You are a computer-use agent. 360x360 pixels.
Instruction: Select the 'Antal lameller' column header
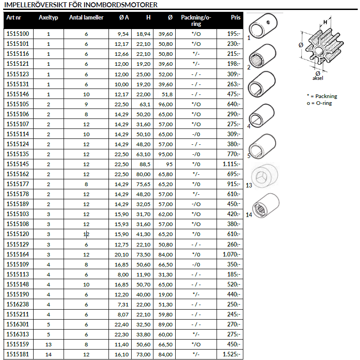tap(86, 18)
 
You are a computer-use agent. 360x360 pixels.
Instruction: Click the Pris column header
tap(235, 18)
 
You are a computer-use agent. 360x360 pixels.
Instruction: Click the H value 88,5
tap(145, 164)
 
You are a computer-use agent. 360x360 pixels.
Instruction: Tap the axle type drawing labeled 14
tap(265, 203)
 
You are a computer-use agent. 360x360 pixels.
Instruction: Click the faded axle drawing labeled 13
tap(265, 174)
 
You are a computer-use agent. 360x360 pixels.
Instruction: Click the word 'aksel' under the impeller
tap(318, 78)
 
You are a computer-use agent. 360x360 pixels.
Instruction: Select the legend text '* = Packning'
tap(322, 96)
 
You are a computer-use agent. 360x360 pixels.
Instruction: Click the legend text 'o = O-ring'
tap(319, 104)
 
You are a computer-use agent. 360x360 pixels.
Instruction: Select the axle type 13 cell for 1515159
tap(49, 345)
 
